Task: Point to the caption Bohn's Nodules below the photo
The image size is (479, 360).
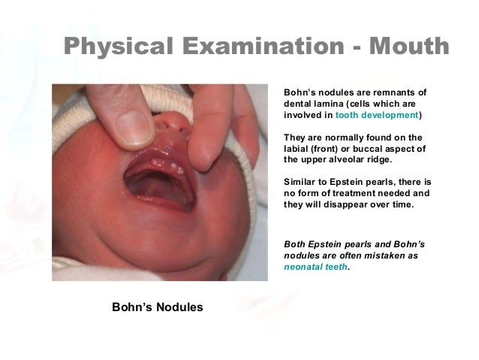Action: click(157, 307)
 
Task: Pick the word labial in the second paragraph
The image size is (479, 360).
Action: click(297, 149)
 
